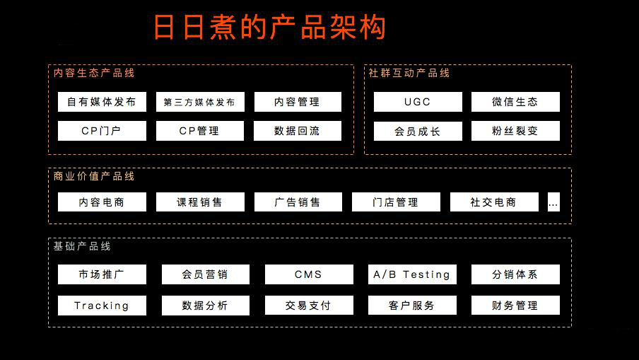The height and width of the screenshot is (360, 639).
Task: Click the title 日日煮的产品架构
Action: (269, 28)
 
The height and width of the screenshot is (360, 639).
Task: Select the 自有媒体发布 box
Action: (102, 102)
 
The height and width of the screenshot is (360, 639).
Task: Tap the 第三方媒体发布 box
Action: (200, 102)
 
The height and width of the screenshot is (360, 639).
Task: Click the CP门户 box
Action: (102, 131)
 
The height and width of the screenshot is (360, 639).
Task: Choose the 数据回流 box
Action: (298, 131)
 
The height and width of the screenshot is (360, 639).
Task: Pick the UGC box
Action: (418, 102)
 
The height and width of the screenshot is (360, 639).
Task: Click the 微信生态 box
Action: (515, 102)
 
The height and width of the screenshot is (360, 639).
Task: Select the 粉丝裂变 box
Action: (515, 131)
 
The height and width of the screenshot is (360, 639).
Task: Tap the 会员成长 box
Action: (418, 131)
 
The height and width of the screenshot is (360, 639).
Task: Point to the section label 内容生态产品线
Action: (94, 73)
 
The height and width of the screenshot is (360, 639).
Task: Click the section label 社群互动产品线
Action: (409, 73)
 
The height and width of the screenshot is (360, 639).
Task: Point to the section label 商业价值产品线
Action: (94, 176)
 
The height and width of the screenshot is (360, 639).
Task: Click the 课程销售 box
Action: (200, 202)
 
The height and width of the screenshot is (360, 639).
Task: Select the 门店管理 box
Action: (396, 202)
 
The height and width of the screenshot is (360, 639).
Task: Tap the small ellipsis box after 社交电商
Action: (554, 202)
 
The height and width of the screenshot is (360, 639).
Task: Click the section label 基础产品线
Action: (82, 246)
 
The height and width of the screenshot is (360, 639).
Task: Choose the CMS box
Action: (309, 274)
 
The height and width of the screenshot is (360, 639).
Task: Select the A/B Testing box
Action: (412, 274)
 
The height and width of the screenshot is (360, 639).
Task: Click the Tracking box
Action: (102, 306)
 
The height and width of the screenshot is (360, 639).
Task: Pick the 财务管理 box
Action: (515, 306)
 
